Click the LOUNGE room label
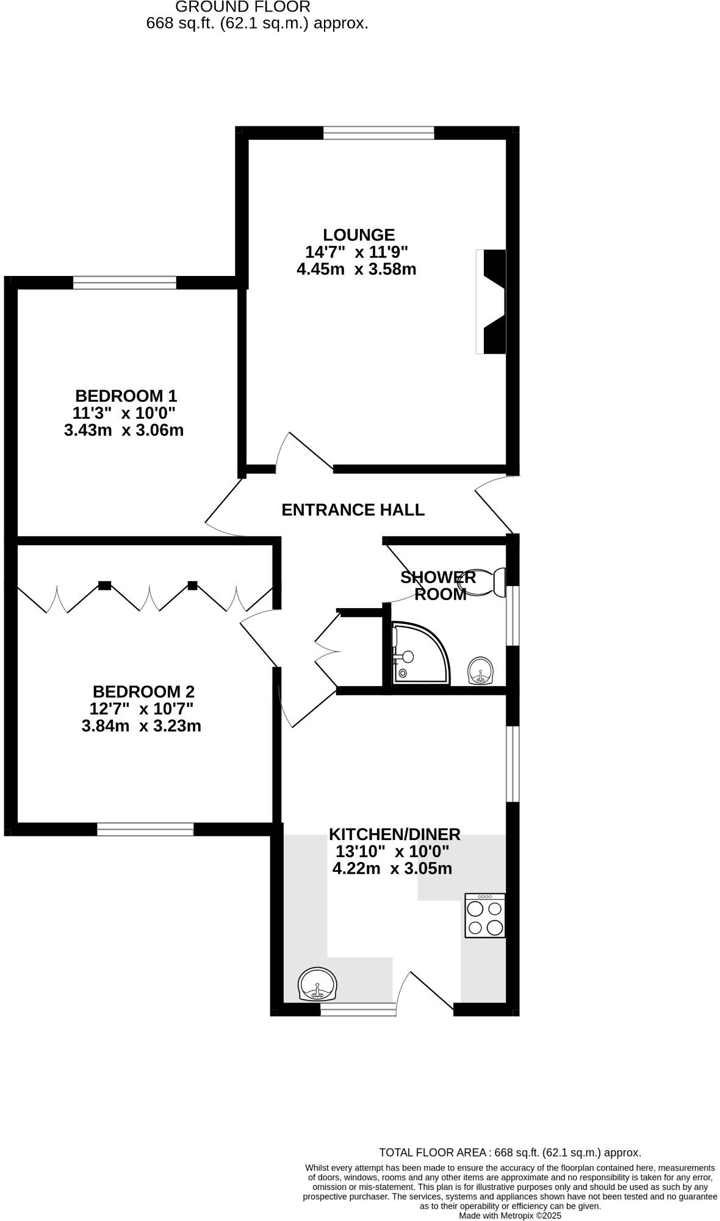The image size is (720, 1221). pos(359,234)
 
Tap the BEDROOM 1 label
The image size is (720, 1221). pos(126,396)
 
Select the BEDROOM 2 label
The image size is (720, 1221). pos(143,692)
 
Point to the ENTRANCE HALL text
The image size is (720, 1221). pos(353,510)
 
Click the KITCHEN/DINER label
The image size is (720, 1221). pos(394,834)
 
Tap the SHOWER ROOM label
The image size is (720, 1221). pos(438,585)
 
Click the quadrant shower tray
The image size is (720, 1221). pos(419,653)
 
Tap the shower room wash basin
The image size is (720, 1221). pos(481,672)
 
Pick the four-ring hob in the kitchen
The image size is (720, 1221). pos(485,916)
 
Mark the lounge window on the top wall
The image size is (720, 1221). pos(378,132)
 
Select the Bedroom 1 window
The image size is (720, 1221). pos(124,282)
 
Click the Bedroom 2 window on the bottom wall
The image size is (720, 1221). pos(145,828)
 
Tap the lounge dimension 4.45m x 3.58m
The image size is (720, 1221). pos(356,269)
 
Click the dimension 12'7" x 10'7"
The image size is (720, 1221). pos(141,709)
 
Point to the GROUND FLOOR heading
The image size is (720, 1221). pos(243,7)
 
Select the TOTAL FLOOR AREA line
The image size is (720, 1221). pos(509,1153)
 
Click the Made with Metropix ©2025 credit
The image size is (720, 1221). pos(509,1216)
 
